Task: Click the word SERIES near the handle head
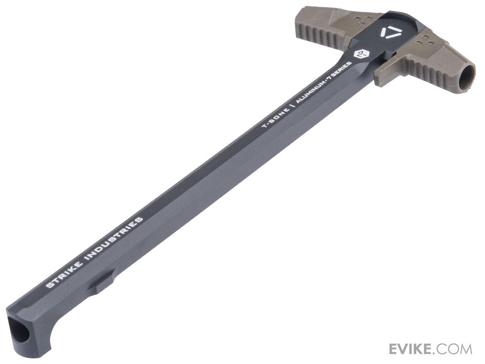344,68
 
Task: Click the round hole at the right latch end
466,77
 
